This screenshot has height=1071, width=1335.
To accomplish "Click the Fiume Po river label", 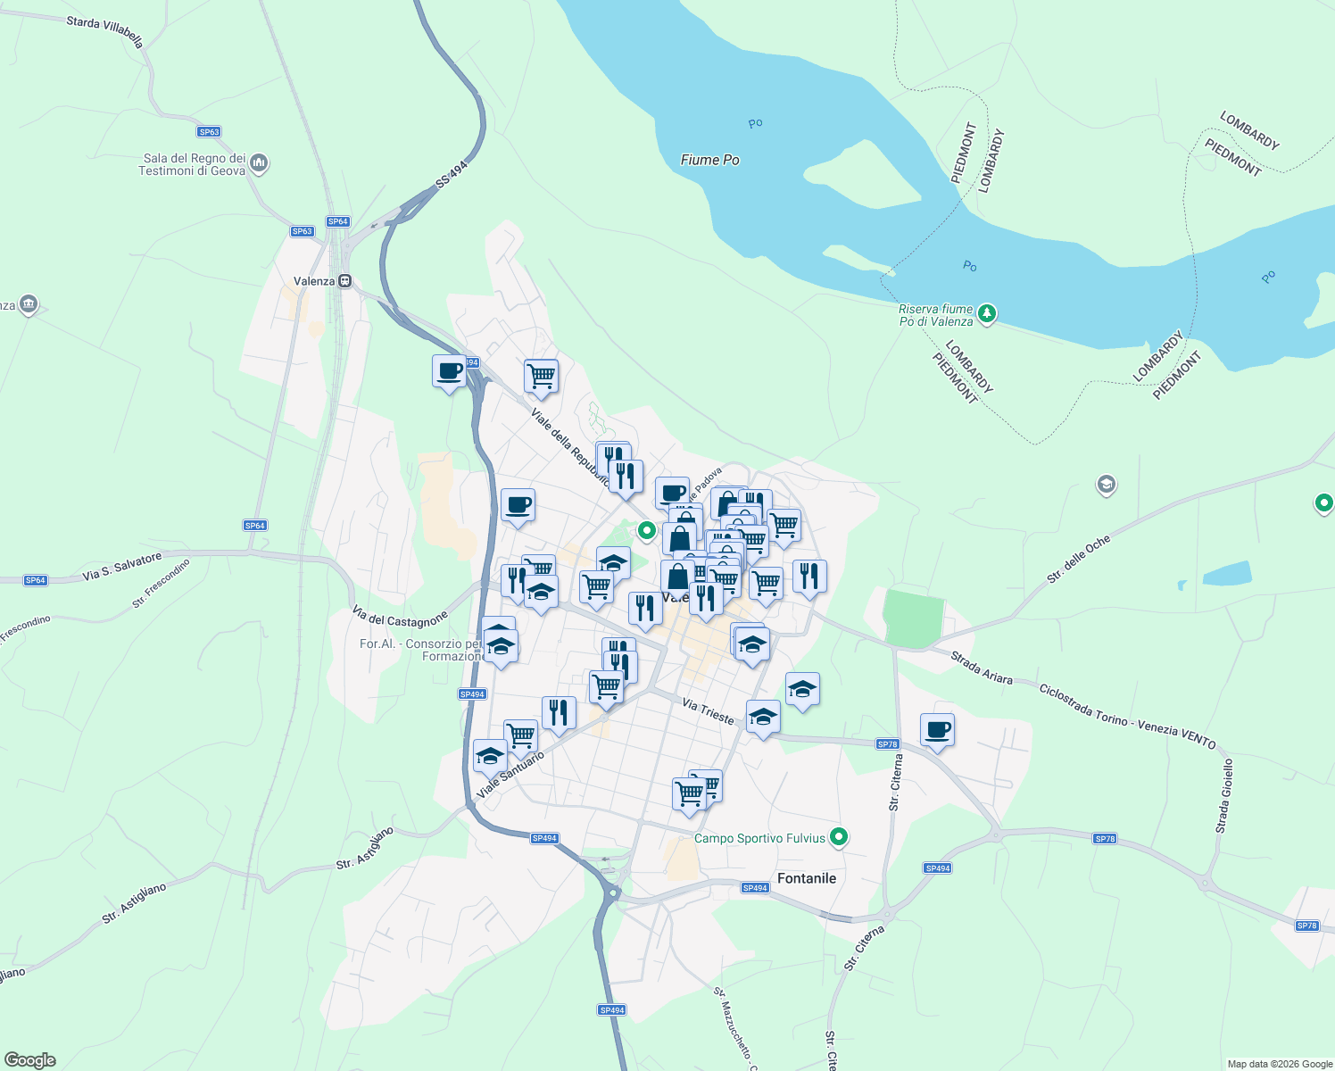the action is (709, 160).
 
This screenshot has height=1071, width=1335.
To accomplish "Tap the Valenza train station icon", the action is (344, 280).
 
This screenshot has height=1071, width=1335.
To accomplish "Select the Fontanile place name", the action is (807, 878).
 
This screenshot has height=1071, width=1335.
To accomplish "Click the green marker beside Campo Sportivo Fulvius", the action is (838, 837).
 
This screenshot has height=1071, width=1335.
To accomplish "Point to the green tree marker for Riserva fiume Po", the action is (986, 313).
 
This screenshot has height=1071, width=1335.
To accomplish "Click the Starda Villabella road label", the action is (104, 29).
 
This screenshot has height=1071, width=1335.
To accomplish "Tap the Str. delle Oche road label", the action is (1079, 559).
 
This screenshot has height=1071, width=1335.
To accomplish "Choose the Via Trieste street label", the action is (708, 710).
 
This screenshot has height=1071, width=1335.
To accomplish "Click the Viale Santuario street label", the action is (510, 775).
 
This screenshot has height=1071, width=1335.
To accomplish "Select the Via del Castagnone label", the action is (399, 617).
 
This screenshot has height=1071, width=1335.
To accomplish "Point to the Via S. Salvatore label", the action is (122, 567).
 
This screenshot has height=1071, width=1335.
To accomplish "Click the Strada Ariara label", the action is (982, 668).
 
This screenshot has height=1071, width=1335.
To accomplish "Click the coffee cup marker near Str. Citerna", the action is (937, 730).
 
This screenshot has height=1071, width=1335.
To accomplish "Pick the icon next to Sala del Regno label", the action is (259, 163).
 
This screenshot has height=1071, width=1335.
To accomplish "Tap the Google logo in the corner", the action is (30, 1059).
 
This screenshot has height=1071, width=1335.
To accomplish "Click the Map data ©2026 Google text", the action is (1279, 1064).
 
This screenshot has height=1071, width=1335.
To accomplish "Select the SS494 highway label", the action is (452, 174).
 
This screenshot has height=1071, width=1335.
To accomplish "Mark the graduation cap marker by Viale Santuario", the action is (490, 756).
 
